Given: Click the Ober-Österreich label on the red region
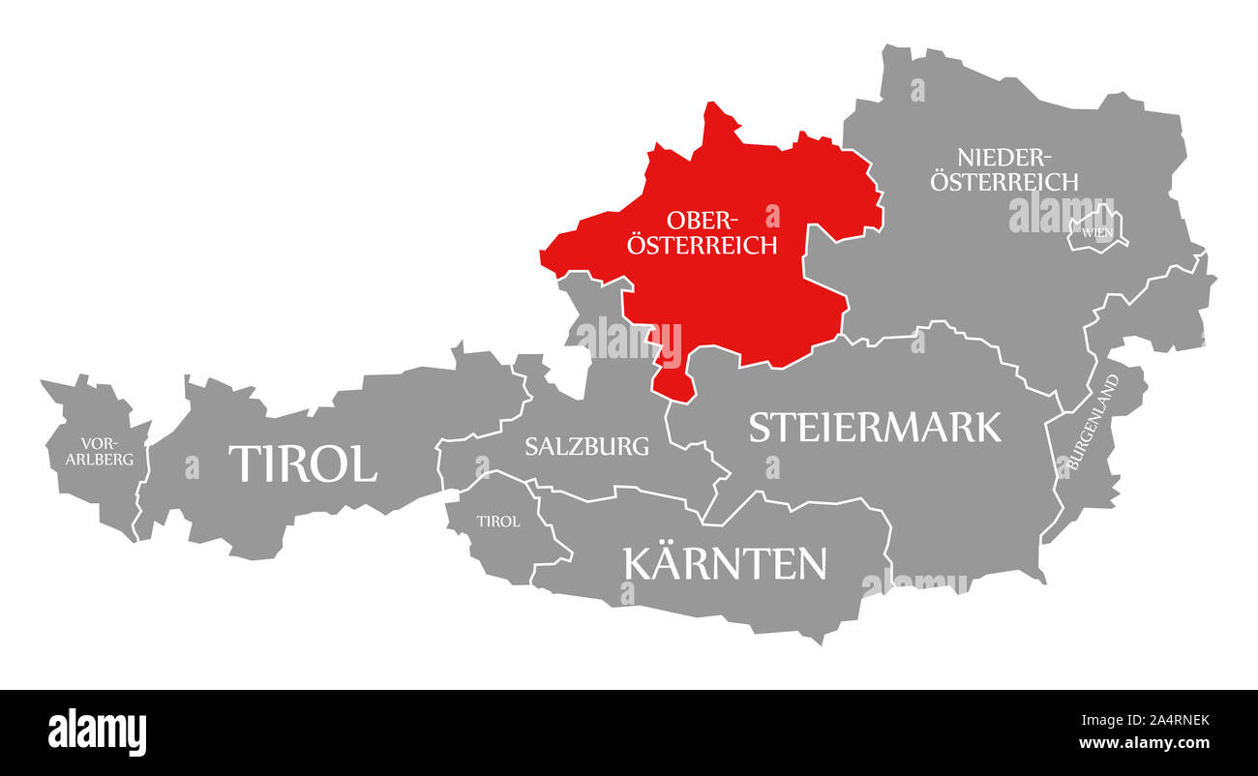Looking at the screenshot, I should (702, 231).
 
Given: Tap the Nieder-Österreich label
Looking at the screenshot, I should (1003, 168).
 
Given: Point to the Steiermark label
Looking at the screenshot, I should (875, 427).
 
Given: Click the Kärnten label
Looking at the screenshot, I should (725, 563).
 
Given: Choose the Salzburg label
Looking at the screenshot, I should (586, 446).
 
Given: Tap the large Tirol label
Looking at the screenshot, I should (302, 463).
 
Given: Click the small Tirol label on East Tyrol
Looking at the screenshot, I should (497, 522).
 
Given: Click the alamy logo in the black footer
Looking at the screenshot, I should (97, 731).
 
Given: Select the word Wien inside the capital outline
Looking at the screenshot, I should (1096, 232).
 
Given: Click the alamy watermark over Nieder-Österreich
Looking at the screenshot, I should (1061, 212).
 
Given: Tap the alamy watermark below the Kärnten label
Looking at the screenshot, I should (914, 582).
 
